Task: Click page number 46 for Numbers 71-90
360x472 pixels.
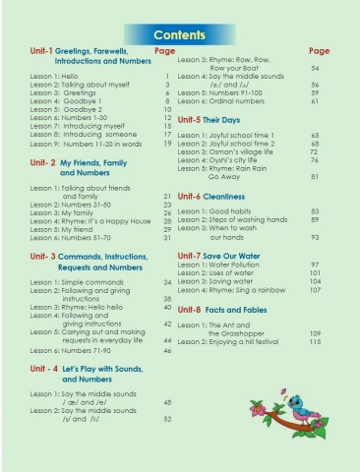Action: point(167,350)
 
